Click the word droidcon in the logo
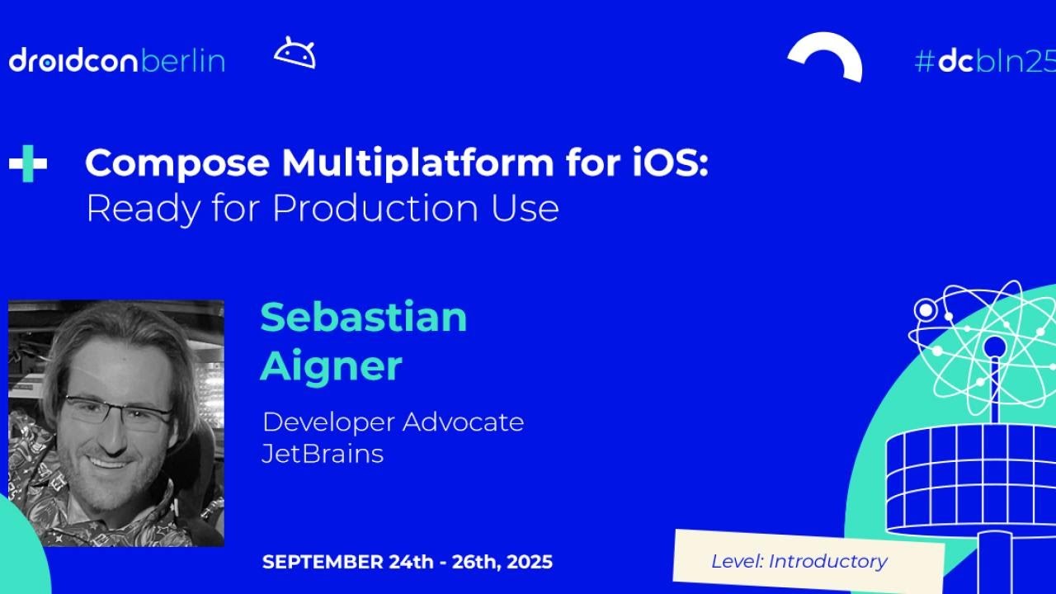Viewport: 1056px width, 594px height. point(73,61)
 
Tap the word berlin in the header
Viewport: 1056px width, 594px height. point(182,61)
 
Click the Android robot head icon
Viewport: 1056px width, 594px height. point(295,54)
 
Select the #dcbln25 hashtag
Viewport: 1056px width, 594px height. point(984,61)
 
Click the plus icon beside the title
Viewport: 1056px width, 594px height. point(28,163)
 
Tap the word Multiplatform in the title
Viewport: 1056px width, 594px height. point(417,163)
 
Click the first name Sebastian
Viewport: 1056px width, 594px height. point(364,317)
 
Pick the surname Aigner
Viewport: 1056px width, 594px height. point(331,365)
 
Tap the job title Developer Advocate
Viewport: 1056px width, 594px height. point(393,422)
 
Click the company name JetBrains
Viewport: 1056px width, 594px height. point(323,454)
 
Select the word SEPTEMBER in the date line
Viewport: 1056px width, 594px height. point(323,563)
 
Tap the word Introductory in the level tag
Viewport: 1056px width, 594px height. point(827,562)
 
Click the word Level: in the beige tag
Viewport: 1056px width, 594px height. point(737,562)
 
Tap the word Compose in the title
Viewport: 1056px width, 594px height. point(177,163)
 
